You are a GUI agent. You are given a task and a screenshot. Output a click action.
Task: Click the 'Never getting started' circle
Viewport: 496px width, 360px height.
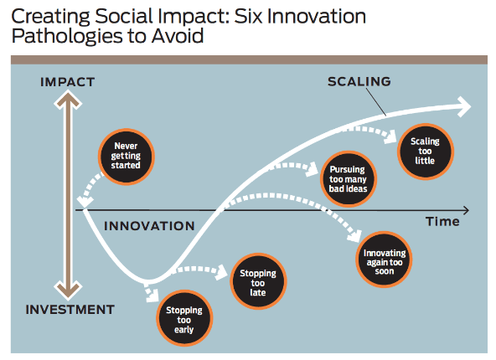[127, 157]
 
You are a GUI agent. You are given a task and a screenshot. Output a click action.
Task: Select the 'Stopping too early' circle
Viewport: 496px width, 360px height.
[184, 318]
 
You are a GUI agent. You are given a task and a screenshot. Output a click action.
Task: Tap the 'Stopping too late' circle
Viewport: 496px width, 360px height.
[258, 281]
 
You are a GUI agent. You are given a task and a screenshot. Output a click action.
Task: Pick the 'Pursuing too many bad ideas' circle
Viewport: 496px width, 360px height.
[349, 179]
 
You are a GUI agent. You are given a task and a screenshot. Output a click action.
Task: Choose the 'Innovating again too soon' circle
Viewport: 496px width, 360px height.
[384, 260]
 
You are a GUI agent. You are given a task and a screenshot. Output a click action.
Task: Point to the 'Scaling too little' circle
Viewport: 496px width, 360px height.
[426, 152]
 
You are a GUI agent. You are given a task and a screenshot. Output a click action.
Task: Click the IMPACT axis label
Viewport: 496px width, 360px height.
[67, 82]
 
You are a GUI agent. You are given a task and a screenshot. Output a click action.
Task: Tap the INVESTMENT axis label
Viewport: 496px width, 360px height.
[70, 310]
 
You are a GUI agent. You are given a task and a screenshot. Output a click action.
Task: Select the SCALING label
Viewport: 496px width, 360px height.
[359, 81]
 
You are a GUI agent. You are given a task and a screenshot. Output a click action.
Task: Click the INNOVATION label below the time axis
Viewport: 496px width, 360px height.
[149, 226]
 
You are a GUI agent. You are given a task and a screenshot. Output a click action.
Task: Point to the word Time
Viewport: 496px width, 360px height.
[442, 222]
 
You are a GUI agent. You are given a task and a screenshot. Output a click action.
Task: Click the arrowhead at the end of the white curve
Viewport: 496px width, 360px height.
[464, 107]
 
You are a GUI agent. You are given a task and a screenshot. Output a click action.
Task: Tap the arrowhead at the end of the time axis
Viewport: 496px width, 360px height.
[467, 210]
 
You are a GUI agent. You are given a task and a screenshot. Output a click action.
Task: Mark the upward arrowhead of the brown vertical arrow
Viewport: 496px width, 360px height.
[68, 100]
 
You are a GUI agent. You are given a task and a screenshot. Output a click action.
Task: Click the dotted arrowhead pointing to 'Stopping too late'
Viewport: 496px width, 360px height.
[221, 272]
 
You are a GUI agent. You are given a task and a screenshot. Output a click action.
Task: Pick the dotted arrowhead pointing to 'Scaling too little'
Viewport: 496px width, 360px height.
[390, 136]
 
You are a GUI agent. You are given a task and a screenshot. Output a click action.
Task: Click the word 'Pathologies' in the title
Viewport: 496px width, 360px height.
[67, 36]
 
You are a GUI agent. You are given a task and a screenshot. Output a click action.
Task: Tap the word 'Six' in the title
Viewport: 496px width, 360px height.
[248, 16]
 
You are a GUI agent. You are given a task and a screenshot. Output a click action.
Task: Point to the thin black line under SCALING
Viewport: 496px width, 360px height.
[376, 102]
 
